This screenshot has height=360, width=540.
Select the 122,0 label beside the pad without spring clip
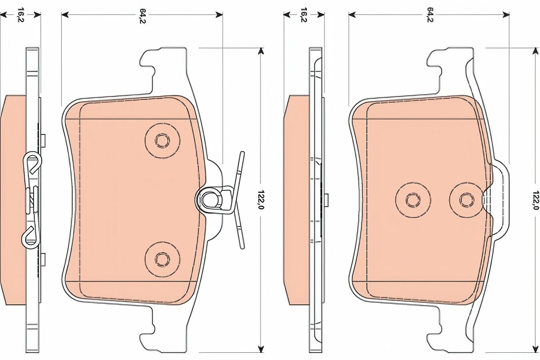click(x=536, y=200)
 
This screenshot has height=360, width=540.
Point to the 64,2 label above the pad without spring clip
click(x=430, y=15)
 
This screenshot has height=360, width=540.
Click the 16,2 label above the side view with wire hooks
click(x=20, y=15)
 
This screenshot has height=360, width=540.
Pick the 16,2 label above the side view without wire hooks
click(x=304, y=15)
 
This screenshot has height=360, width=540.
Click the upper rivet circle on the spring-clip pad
click(x=162, y=140)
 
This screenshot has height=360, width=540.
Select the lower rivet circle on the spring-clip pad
click(x=162, y=259)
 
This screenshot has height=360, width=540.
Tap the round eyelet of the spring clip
click(x=209, y=200)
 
